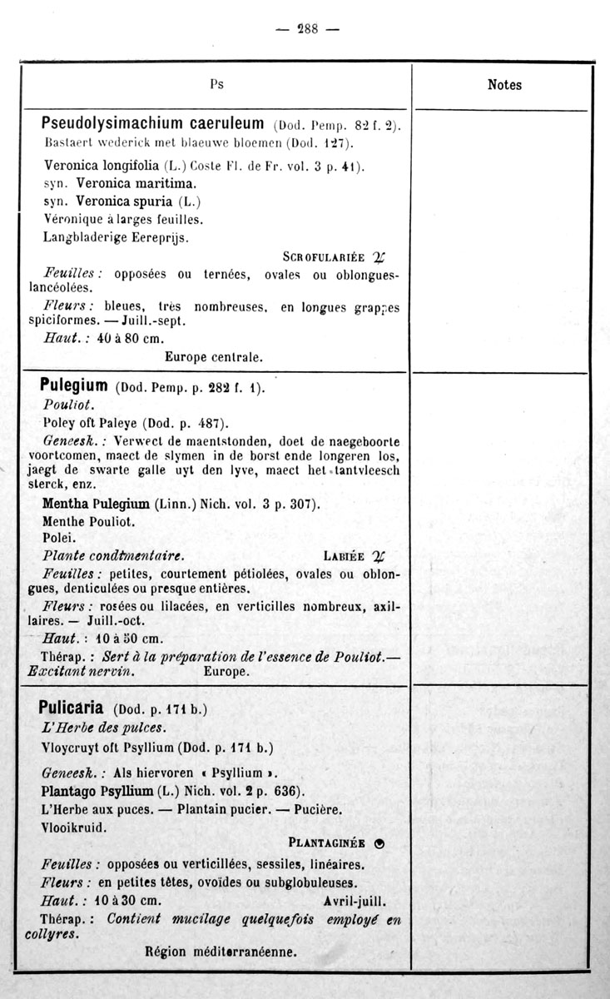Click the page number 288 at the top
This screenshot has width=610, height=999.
pyautogui.click(x=307, y=28)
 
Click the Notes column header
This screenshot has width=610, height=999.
pyautogui.click(x=504, y=84)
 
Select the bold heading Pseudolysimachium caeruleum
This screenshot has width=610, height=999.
pyautogui.click(x=153, y=124)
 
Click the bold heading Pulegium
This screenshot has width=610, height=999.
pyautogui.click(x=74, y=385)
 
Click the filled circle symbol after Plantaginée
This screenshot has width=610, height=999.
pyautogui.click(x=379, y=842)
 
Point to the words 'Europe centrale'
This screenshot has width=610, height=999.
pyautogui.click(x=214, y=357)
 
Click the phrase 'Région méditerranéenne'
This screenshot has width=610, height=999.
pyautogui.click(x=221, y=951)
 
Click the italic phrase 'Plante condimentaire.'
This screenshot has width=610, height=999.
pyautogui.click(x=113, y=556)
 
